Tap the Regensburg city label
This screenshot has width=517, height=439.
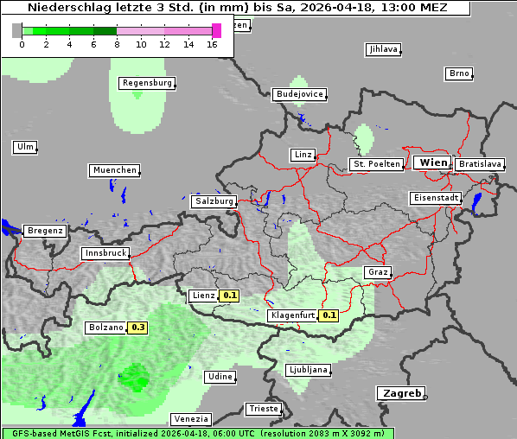click(x=147, y=83)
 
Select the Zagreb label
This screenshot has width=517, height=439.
click(x=400, y=393)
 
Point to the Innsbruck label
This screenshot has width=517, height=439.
click(x=105, y=253)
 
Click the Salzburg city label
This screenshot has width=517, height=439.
click(x=214, y=200)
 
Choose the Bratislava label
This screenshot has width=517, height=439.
click(x=480, y=163)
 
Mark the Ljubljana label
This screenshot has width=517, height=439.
click(x=308, y=370)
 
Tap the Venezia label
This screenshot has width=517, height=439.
click(x=190, y=418)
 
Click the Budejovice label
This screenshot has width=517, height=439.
click(x=299, y=93)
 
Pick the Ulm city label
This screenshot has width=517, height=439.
click(x=25, y=147)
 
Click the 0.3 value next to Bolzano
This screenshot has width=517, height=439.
click(x=138, y=328)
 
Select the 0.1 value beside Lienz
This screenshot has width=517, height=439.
click(x=229, y=296)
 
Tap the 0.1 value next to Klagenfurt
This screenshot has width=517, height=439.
click(x=329, y=315)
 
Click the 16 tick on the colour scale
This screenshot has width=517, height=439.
click(x=212, y=44)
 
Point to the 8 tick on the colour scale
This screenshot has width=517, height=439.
click(x=116, y=44)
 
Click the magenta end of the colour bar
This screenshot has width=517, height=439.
click(x=216, y=30)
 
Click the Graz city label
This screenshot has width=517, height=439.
click(x=377, y=272)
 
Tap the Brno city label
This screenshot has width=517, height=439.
click(x=459, y=73)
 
